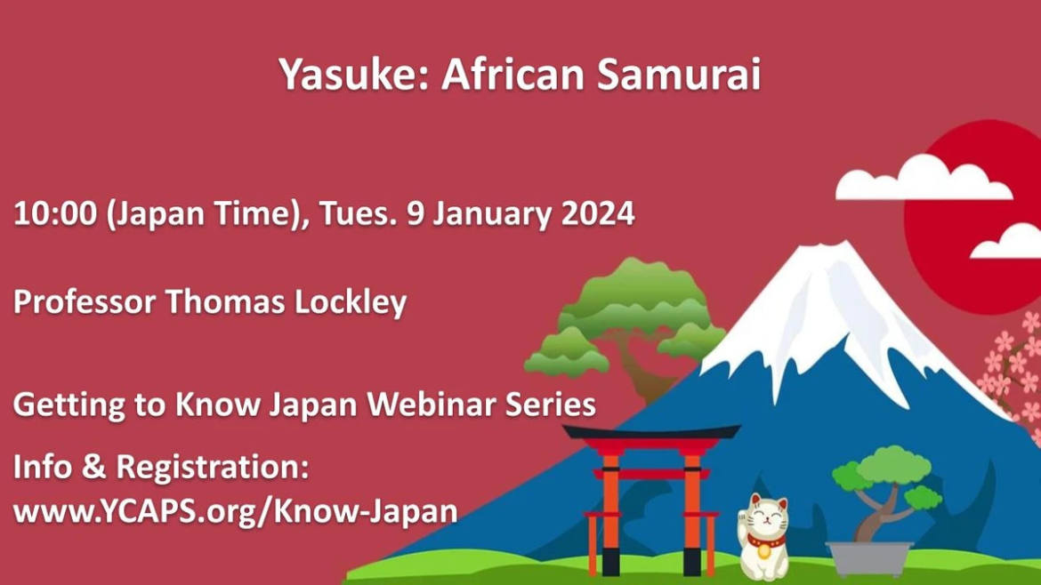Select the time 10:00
point(55,214)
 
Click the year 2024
point(598,214)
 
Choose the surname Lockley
point(350,303)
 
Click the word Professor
point(85,302)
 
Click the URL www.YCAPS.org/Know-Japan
point(236,512)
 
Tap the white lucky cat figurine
point(763,537)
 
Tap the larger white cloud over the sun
point(923,178)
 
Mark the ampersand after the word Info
point(94,468)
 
